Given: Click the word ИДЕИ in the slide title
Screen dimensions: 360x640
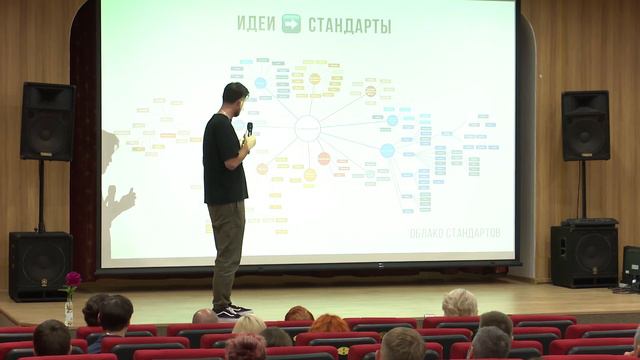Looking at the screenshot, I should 256,24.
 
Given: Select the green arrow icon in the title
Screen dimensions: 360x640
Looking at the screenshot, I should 292,24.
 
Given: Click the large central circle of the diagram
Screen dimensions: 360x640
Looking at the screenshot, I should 308,128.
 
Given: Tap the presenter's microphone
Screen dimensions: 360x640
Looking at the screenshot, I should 249,129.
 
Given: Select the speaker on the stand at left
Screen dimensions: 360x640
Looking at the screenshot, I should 47,121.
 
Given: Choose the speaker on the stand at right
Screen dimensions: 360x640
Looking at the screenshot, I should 585,125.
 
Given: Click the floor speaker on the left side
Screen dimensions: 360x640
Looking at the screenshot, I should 40,265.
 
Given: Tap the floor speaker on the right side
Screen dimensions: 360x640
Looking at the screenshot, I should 584,256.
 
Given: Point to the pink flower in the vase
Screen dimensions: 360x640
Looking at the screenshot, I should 73,279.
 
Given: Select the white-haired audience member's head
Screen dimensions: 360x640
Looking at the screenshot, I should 460,302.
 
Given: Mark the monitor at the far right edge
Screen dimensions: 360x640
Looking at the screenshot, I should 631,266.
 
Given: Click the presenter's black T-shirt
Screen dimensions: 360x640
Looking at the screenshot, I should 224,160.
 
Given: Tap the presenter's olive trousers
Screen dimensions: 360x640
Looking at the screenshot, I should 227,250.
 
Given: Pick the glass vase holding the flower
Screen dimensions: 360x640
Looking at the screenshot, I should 69,310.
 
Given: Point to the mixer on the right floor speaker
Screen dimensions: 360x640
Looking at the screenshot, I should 588,222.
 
